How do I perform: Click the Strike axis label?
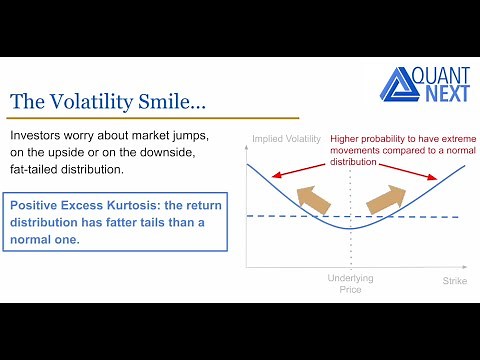click(x=454, y=281)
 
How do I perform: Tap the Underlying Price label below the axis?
click(x=350, y=285)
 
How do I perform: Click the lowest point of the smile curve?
click(x=350, y=228)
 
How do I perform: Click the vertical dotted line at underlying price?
click(x=350, y=250)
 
